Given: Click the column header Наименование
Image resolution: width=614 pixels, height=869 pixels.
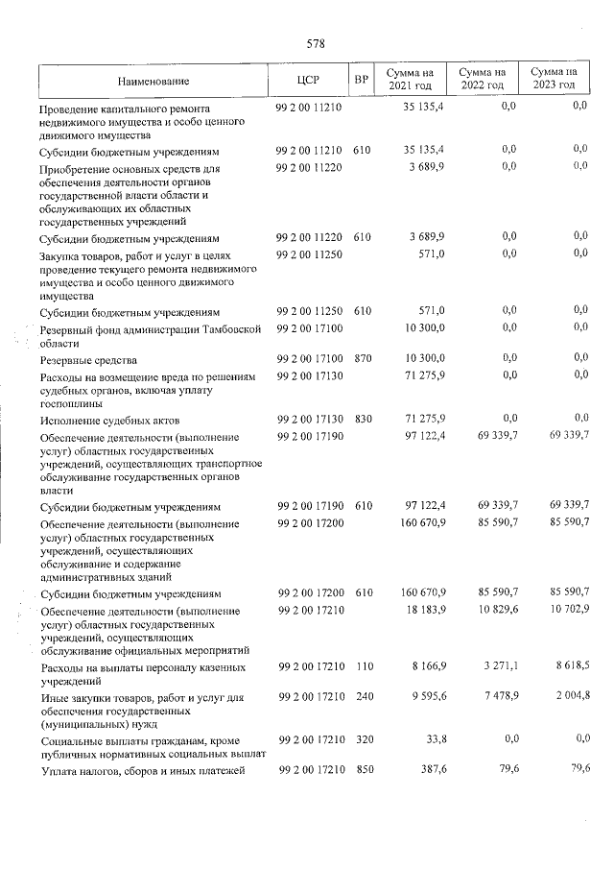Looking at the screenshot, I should (154, 80).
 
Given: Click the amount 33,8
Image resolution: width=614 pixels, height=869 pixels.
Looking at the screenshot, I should (432, 739).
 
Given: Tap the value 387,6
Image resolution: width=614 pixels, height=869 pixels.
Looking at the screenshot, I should (429, 771).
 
